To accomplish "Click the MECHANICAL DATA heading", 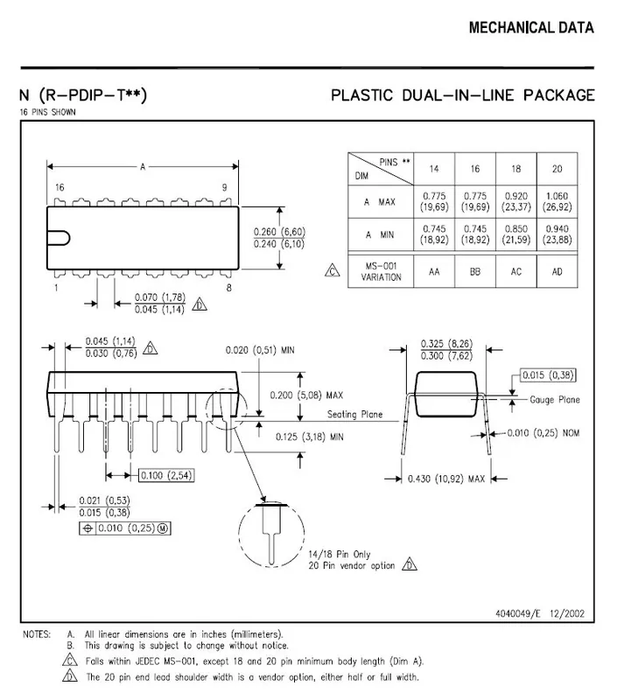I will coord(531,28).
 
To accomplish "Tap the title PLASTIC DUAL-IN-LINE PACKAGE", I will coord(463,94).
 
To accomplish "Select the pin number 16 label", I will coord(60,188).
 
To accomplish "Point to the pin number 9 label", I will coord(225,188).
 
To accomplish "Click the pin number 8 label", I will coord(228,288).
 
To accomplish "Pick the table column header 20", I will coord(557,168).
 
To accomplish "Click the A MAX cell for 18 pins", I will coord(515,202).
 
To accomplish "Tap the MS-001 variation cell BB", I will coord(475,272).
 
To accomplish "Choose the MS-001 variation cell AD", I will coord(557,272).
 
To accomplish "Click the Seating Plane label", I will coord(356,415).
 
